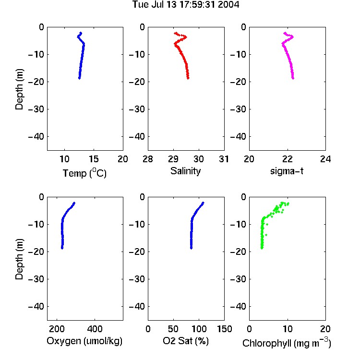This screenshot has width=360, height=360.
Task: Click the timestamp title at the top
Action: [x=186, y=4]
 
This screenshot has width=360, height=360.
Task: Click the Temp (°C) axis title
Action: [x=84, y=173]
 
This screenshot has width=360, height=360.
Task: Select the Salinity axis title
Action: [x=185, y=171]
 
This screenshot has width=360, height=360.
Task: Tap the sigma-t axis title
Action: [x=287, y=171]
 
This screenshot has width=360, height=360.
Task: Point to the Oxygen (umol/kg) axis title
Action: [x=84, y=341]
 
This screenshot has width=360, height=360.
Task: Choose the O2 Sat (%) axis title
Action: [x=186, y=341]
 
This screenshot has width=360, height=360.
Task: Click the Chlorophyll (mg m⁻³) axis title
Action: [x=287, y=343]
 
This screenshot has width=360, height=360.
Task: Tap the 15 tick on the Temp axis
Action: [x=94, y=159]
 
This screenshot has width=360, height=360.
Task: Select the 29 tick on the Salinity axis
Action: [x=173, y=159]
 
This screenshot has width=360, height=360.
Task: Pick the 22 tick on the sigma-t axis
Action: [x=287, y=159]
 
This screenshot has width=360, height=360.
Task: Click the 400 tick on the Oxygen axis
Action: [x=95, y=329]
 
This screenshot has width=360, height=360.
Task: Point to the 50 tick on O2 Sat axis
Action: [x=173, y=329]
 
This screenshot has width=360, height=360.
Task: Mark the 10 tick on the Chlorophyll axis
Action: [x=287, y=329]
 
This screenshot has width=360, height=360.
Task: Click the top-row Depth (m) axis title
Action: [x=19, y=89]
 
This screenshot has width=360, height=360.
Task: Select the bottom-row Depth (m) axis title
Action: [x=19, y=259]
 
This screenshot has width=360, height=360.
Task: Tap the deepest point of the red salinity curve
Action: [x=188, y=78]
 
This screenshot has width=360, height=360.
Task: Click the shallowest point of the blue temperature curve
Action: [x=81, y=33]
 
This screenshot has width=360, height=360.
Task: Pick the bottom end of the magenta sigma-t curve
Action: [x=293, y=78]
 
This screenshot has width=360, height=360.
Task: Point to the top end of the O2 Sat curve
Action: [x=203, y=203]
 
